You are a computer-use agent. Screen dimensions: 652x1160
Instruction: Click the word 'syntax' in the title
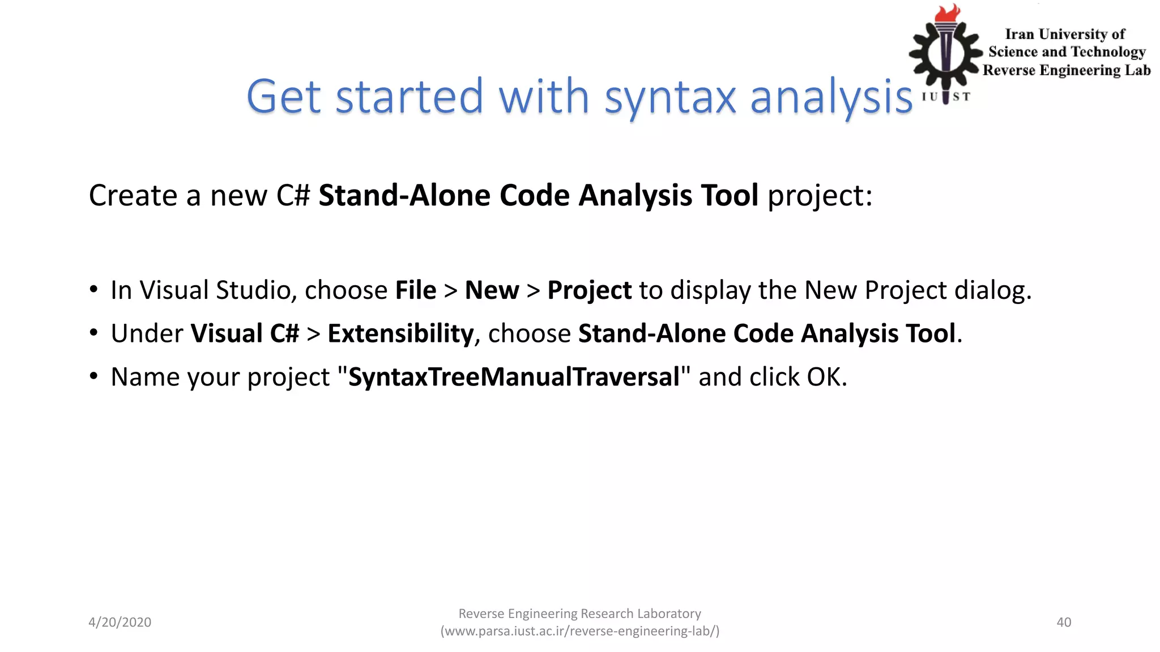pyautogui.click(x=669, y=97)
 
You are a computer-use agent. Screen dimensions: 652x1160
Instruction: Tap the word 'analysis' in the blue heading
pyautogui.click(x=831, y=97)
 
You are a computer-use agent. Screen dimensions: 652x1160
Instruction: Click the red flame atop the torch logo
pyautogui.click(x=948, y=14)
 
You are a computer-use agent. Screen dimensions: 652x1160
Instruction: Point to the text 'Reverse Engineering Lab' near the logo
pyautogui.click(x=1067, y=70)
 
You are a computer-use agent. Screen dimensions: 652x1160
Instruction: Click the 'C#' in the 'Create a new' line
pyautogui.click(x=293, y=196)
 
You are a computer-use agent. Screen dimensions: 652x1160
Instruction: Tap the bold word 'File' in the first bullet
pyautogui.click(x=416, y=290)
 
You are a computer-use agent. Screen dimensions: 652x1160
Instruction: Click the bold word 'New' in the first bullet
pyautogui.click(x=492, y=290)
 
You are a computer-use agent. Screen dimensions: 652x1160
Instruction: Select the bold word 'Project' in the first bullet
pyautogui.click(x=589, y=290)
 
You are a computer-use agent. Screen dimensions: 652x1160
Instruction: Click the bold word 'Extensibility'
pyautogui.click(x=400, y=333)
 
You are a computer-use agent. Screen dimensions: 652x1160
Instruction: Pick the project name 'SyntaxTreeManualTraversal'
pyautogui.click(x=514, y=377)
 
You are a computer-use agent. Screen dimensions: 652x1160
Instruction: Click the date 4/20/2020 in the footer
pyautogui.click(x=120, y=622)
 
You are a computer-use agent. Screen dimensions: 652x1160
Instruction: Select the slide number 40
pyautogui.click(x=1064, y=622)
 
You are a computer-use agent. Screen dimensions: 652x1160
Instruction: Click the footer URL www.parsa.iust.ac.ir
pyautogui.click(x=579, y=631)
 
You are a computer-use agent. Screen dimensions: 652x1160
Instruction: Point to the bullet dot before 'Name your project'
pyautogui.click(x=94, y=376)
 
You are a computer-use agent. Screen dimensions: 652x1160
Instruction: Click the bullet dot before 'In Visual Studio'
pyautogui.click(x=94, y=289)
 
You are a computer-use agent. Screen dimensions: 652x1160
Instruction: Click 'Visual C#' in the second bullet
pyautogui.click(x=245, y=333)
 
